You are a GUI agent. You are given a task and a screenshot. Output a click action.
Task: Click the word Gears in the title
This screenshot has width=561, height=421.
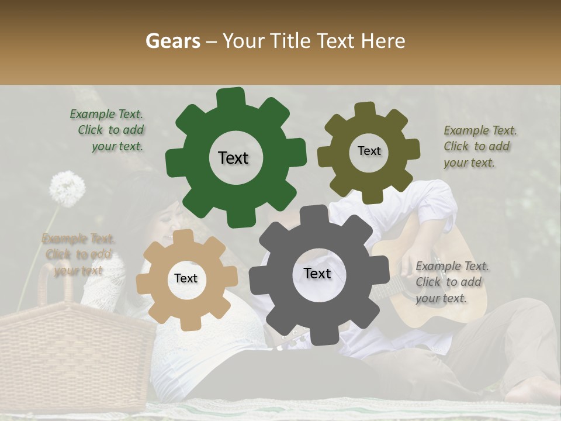173,41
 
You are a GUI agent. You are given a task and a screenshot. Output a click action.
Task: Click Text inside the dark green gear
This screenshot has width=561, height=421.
233,158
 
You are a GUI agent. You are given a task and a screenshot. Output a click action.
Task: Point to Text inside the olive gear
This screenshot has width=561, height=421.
369,151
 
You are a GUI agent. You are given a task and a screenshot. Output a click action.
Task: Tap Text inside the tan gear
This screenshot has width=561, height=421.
186,279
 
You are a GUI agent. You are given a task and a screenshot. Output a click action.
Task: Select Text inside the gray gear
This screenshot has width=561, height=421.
317,274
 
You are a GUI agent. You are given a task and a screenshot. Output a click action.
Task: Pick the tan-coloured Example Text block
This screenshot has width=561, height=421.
78,254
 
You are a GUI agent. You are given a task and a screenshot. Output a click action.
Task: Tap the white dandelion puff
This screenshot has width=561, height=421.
67,188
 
